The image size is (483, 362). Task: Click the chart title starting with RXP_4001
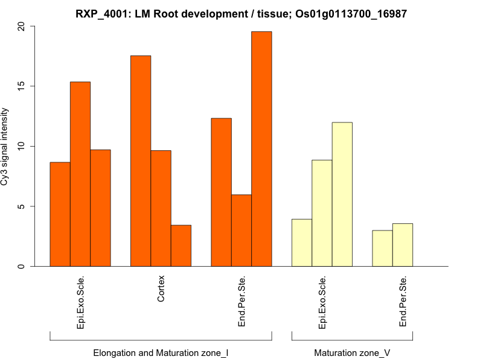pyautogui.click(x=241, y=13)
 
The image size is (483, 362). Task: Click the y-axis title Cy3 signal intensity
pyautogui.click(x=5, y=147)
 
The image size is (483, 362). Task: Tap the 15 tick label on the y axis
pyautogui.click(x=22, y=86)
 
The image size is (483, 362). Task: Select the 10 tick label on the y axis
pyautogui.click(x=22, y=147)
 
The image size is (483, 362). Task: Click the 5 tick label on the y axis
pyautogui.click(x=22, y=206)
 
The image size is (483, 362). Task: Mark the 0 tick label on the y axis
pyautogui.click(x=22, y=266)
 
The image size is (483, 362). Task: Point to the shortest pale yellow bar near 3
pyautogui.click(x=382, y=249)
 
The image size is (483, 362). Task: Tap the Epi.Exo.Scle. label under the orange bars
pyautogui.click(x=80, y=302)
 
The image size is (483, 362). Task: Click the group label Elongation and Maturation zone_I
pyautogui.click(x=161, y=352)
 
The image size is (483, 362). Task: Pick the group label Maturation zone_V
pyautogui.click(x=352, y=352)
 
